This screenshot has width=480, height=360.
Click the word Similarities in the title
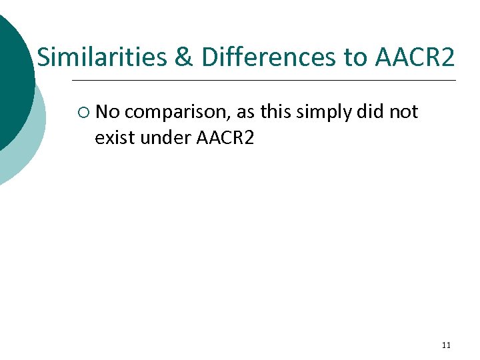101,58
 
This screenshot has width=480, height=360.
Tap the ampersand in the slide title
183,58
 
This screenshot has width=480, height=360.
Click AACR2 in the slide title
415,58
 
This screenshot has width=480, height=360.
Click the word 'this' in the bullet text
276,112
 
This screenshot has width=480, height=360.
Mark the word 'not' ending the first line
403,112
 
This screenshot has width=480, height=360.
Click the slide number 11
446,345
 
